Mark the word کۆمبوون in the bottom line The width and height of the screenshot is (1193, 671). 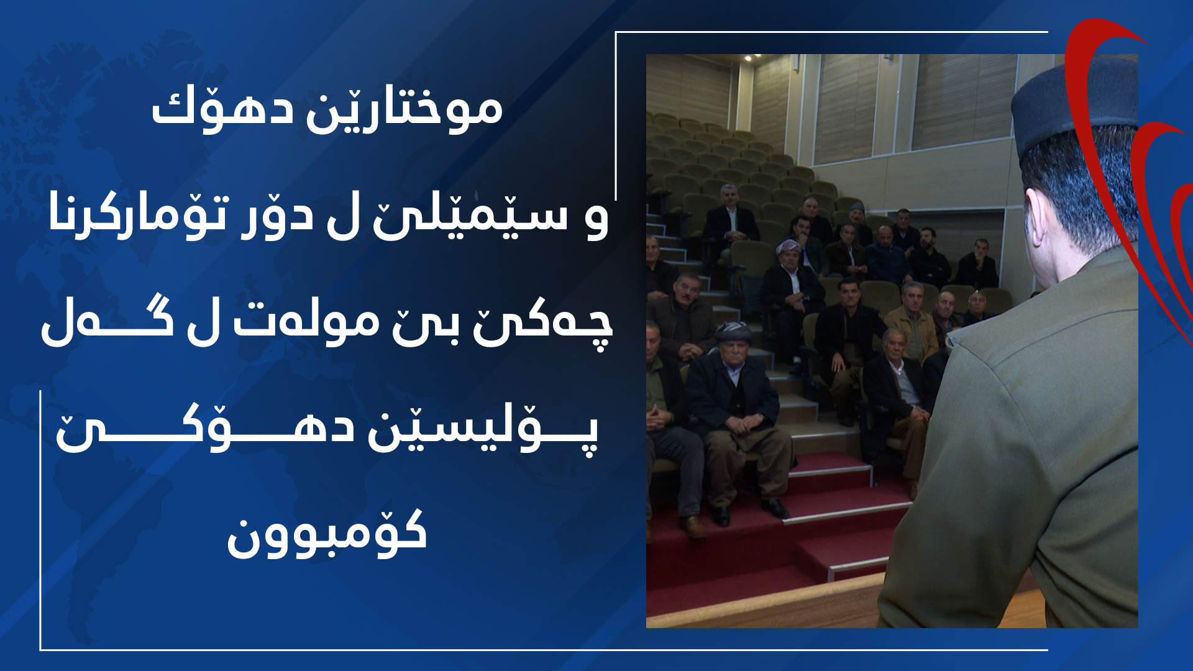[x=327, y=534]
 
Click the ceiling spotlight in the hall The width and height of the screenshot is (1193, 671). [x=748, y=58]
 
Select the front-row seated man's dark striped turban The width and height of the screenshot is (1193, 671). [x=733, y=332]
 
